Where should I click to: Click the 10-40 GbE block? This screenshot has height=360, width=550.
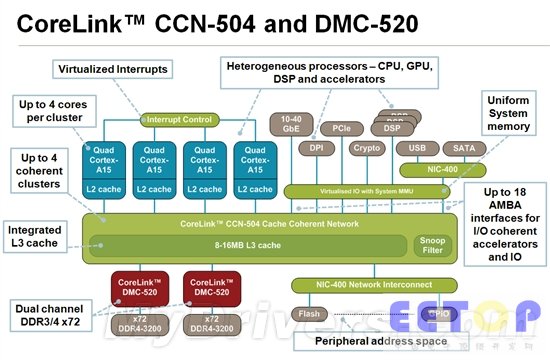[292, 123]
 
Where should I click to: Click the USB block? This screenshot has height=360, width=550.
[417, 147]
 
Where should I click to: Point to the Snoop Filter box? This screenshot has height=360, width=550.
[432, 244]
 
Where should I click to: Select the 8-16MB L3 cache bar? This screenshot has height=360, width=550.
[239, 244]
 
